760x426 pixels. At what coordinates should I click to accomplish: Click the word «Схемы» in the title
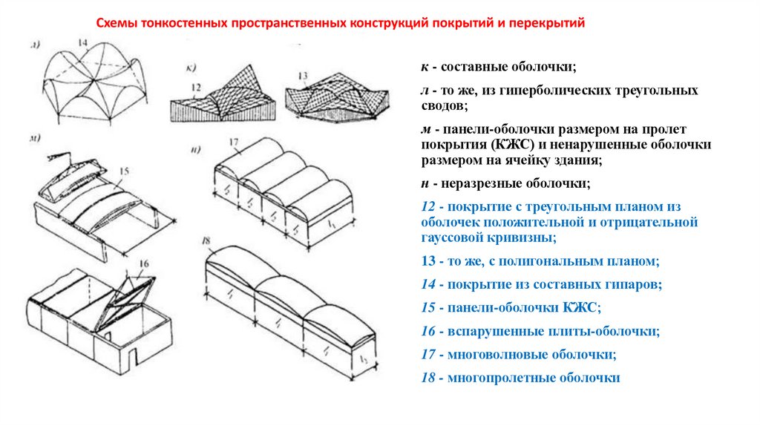[x=118, y=23]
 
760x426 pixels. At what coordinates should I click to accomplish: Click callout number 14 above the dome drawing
[x=81, y=42]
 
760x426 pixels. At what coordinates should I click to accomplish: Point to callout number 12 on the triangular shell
[x=196, y=88]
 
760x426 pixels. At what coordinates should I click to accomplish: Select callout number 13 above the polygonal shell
[x=302, y=76]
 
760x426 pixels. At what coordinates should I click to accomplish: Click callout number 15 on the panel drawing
[x=124, y=171]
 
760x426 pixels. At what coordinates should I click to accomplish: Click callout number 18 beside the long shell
[x=207, y=241]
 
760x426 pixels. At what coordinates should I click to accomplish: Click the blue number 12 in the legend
[x=427, y=206]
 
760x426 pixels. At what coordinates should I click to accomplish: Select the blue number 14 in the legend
[x=427, y=284]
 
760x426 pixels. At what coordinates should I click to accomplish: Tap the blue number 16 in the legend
[x=427, y=331]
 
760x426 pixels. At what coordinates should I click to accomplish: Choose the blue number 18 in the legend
[x=427, y=378]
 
